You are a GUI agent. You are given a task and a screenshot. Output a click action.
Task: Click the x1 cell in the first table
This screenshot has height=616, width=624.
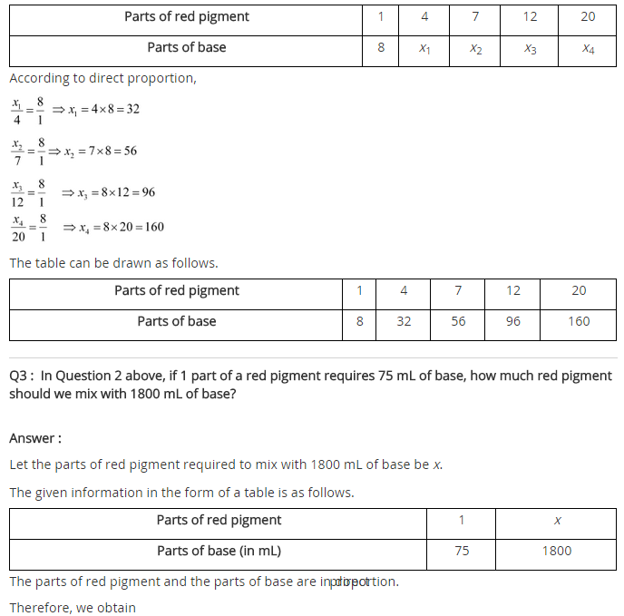(424, 48)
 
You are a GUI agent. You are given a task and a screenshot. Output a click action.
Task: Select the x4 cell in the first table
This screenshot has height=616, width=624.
(588, 48)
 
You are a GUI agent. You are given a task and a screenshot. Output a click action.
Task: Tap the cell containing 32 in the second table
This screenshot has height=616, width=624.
(404, 321)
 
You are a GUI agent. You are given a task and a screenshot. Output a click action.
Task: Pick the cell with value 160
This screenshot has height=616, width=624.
(579, 321)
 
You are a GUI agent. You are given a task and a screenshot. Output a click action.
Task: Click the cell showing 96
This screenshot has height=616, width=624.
(513, 321)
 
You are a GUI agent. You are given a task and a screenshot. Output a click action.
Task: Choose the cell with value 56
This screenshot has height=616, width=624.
(458, 321)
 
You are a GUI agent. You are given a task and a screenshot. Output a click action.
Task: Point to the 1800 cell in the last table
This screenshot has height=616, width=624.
(557, 551)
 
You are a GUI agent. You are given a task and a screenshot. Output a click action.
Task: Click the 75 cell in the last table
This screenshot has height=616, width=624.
(462, 551)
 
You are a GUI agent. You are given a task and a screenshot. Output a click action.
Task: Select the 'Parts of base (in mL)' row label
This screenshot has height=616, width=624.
(219, 551)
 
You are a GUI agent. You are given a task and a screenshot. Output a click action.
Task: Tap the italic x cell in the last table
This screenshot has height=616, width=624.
(557, 521)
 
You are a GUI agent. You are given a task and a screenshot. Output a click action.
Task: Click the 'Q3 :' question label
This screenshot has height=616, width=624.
(22, 376)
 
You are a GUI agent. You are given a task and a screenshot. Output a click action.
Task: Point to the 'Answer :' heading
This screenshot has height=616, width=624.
(35, 438)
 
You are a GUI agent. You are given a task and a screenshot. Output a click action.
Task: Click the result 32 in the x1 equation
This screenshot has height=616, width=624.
(132, 110)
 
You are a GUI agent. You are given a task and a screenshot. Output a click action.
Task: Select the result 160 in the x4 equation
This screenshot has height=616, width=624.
(152, 227)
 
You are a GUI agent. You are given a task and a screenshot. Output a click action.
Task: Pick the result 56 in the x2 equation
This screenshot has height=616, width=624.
(130, 152)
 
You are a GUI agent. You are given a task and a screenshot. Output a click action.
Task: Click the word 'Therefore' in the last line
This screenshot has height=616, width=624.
(40, 608)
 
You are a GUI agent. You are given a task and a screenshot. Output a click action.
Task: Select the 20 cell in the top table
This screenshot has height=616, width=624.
(588, 16)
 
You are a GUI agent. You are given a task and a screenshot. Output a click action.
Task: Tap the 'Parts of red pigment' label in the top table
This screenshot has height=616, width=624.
(186, 16)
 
